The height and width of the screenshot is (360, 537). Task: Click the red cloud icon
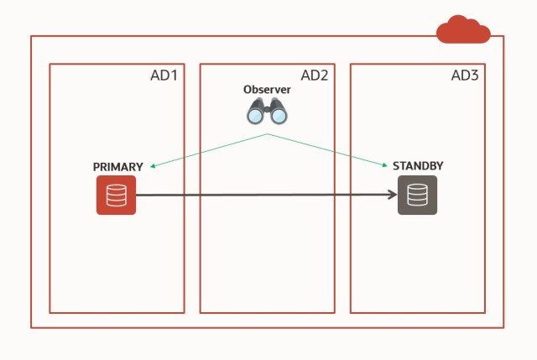[463, 30]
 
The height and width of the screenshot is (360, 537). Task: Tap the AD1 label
[164, 76]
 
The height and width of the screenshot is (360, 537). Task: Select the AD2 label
[314, 76]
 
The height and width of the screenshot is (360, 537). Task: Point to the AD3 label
[464, 76]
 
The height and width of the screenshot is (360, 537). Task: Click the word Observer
[267, 90]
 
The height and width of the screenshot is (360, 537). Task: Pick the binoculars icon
[267, 111]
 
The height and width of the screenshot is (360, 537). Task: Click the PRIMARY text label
[117, 167]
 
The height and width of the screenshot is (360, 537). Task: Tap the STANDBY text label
[418, 166]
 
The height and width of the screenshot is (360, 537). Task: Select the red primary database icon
[116, 196]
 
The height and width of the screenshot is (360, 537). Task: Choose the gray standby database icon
[417, 196]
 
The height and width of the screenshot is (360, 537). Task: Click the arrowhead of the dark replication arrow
[392, 196]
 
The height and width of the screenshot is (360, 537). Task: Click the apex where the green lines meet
[268, 133]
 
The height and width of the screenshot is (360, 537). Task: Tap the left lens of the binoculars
[255, 115]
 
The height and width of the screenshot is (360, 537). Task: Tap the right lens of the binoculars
[279, 115]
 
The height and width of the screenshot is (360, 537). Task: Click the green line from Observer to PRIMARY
[210, 150]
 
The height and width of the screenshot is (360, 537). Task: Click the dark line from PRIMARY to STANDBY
[260, 196]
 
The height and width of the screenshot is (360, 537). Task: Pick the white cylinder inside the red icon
[116, 196]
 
